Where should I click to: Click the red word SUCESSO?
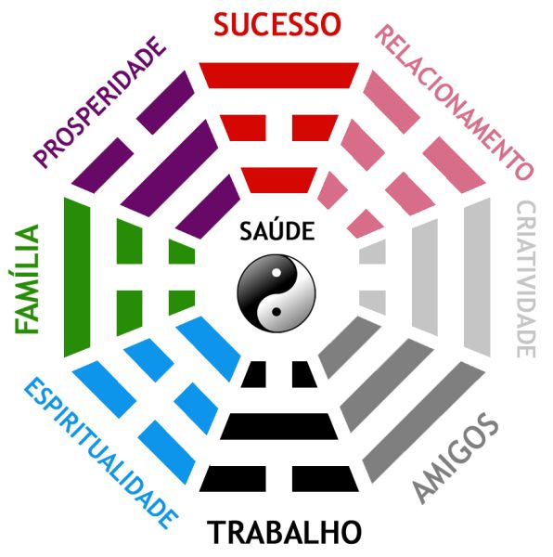point(277,24)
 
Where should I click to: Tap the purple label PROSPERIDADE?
point(99,102)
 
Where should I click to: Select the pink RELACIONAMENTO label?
point(455,102)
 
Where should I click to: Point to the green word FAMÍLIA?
point(27,279)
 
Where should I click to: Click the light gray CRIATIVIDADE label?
point(526,279)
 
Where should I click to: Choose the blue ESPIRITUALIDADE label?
point(101,453)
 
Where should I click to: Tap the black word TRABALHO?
point(284,533)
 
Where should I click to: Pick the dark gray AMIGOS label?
point(457,459)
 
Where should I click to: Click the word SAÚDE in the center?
point(277,230)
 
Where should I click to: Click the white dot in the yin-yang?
point(276,273)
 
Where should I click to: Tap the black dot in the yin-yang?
point(276,312)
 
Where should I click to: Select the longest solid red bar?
point(279,75)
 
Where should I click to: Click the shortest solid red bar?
point(279,180)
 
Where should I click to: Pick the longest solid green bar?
point(77,277)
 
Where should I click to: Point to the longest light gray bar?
point(478,277)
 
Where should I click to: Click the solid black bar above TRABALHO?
point(279,426)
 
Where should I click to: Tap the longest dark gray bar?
point(424,422)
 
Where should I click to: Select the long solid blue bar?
point(209,349)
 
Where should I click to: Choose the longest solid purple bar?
point(169,168)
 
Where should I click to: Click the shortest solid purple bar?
point(208,206)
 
